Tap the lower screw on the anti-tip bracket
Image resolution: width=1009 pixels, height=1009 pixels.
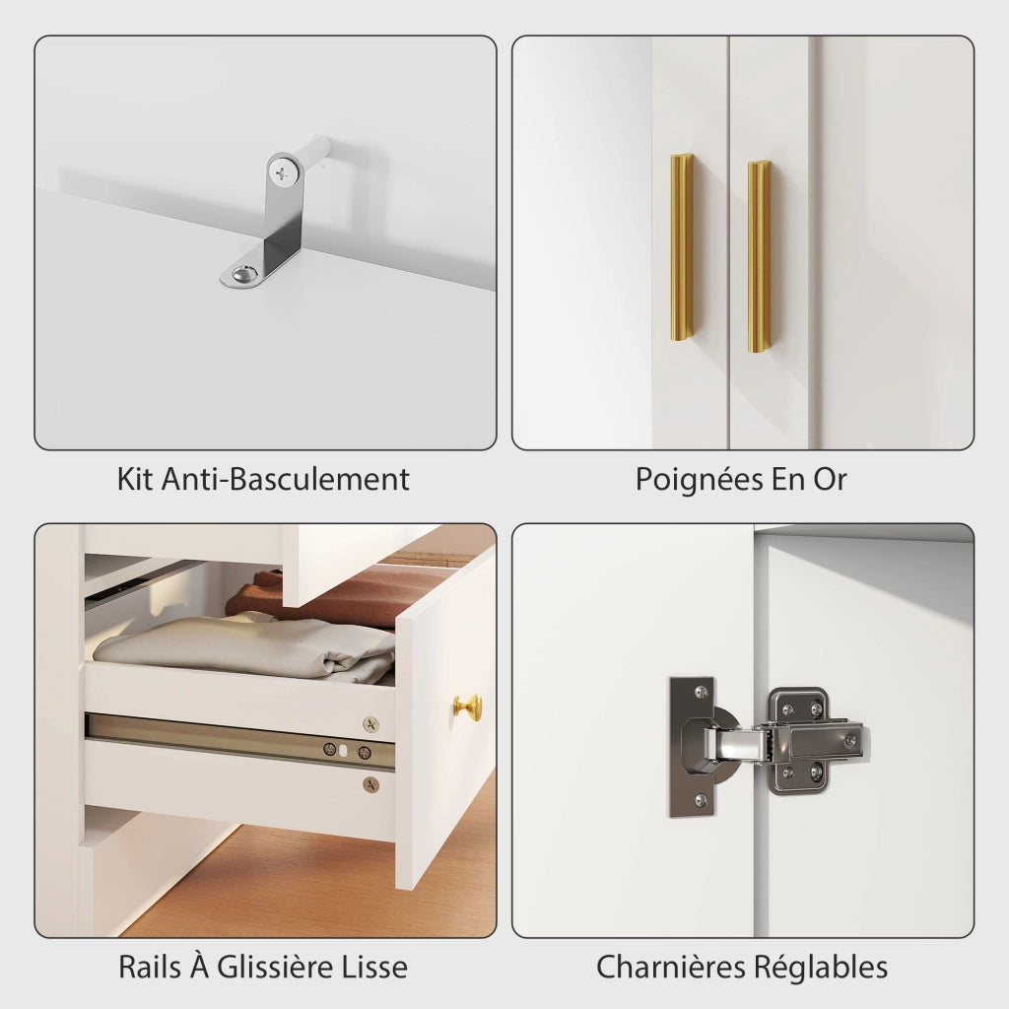click(245, 274)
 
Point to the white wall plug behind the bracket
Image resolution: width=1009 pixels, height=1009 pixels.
click(315, 152)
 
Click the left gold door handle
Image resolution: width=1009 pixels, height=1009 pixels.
click(682, 247)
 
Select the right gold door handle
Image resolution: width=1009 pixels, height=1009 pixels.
click(759, 257)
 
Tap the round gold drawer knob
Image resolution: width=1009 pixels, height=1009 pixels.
click(468, 707)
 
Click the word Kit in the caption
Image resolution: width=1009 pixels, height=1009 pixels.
click(135, 480)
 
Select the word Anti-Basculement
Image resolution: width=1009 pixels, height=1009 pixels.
click(285, 480)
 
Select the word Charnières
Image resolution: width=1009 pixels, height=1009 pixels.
click(670, 968)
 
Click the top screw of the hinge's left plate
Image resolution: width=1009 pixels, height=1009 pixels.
click(701, 692)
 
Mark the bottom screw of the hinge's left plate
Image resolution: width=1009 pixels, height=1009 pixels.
click(701, 801)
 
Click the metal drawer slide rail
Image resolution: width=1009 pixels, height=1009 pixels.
click(240, 740)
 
